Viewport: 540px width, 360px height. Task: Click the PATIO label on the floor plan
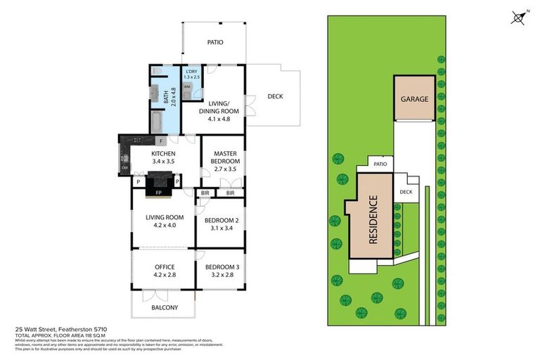click(x=215, y=42)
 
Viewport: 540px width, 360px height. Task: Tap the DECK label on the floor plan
click(x=275, y=96)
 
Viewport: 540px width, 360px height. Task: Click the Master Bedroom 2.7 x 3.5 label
click(x=224, y=158)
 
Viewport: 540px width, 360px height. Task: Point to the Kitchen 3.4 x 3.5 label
click(x=162, y=158)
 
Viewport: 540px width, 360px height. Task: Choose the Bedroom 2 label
click(x=221, y=224)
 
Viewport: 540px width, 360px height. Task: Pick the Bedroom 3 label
click(x=221, y=271)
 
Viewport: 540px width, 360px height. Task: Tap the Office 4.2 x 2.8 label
click(x=164, y=271)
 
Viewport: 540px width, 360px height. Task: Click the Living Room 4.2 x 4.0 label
click(x=164, y=221)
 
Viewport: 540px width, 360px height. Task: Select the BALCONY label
click(x=165, y=307)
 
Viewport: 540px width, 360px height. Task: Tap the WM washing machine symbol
click(x=187, y=86)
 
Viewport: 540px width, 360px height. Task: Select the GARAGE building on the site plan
click(x=414, y=99)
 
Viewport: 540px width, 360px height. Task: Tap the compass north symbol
click(x=519, y=18)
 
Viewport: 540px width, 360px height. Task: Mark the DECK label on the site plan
click(x=406, y=191)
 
